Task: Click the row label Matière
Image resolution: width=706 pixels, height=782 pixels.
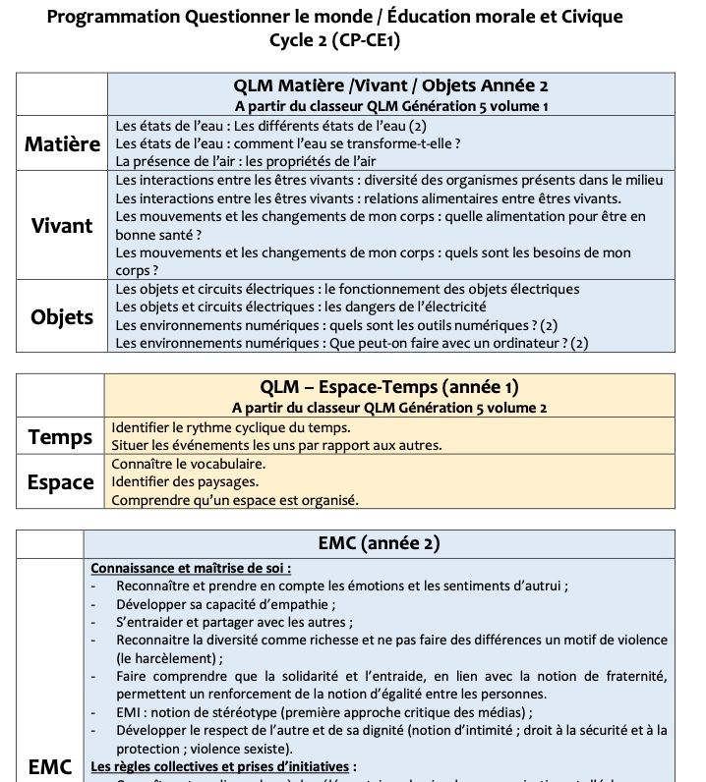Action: point(63,143)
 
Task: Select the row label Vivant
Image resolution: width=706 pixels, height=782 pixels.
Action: point(62,225)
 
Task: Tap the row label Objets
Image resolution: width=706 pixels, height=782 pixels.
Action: point(62,315)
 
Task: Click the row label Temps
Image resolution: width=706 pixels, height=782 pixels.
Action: point(60,436)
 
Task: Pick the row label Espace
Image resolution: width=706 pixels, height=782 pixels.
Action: point(60,481)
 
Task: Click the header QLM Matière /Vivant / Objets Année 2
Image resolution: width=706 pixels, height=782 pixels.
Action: point(390,85)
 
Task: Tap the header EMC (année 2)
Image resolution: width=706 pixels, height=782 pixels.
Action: point(379,542)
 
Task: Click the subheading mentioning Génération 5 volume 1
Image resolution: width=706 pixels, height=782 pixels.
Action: point(390,105)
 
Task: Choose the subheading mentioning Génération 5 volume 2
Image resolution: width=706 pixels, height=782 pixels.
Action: point(389,406)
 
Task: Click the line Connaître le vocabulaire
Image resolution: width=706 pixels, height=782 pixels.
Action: point(188,463)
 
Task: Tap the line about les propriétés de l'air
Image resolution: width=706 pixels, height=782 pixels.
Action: point(245,161)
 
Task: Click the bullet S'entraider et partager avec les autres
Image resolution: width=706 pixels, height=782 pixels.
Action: point(234,621)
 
